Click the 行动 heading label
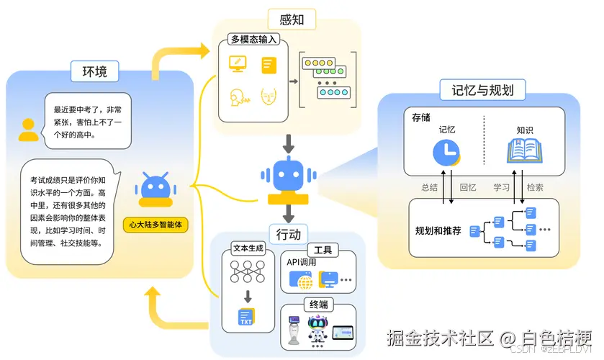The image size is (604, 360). coord(289,234)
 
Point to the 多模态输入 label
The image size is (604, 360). coord(254,40)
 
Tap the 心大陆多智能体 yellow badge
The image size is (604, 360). coord(156,225)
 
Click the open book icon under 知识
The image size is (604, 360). coord(525,152)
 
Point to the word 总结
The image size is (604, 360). coord(430,187)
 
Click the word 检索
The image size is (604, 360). coord(535,187)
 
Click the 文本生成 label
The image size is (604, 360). coord(248,248)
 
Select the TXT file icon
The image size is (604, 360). coord(247,317)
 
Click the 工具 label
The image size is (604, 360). coord(323,250)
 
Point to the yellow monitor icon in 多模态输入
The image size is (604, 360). coord(235,63)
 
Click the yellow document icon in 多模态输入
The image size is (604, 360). coord(269,64)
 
